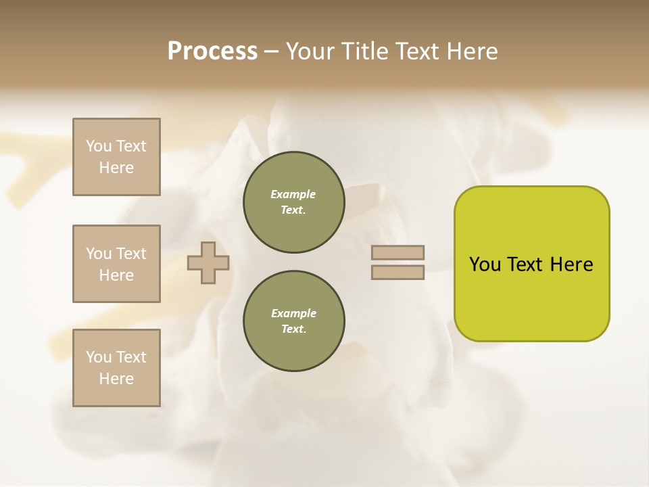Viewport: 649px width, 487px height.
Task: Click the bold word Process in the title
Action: [x=212, y=51]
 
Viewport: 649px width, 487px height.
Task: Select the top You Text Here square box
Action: [x=116, y=157]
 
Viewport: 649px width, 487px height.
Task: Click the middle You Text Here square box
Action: [x=116, y=264]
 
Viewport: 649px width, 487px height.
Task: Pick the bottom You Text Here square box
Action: [x=116, y=368]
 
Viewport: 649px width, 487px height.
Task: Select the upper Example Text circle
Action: [x=293, y=202]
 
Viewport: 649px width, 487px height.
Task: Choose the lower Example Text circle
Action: [x=293, y=321]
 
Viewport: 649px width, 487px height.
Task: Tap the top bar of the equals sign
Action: [x=398, y=253]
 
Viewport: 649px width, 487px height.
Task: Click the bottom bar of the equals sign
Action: [x=398, y=273]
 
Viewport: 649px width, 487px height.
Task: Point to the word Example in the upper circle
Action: [x=293, y=194]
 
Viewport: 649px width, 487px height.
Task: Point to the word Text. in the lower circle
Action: [x=293, y=329]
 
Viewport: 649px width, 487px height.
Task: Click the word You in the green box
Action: [x=485, y=264]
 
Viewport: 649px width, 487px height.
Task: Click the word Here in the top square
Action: [x=116, y=168]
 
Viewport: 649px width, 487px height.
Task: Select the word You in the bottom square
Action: [x=99, y=357]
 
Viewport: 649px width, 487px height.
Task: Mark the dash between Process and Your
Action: [x=272, y=51]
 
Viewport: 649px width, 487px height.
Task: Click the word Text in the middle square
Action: [x=131, y=254]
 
